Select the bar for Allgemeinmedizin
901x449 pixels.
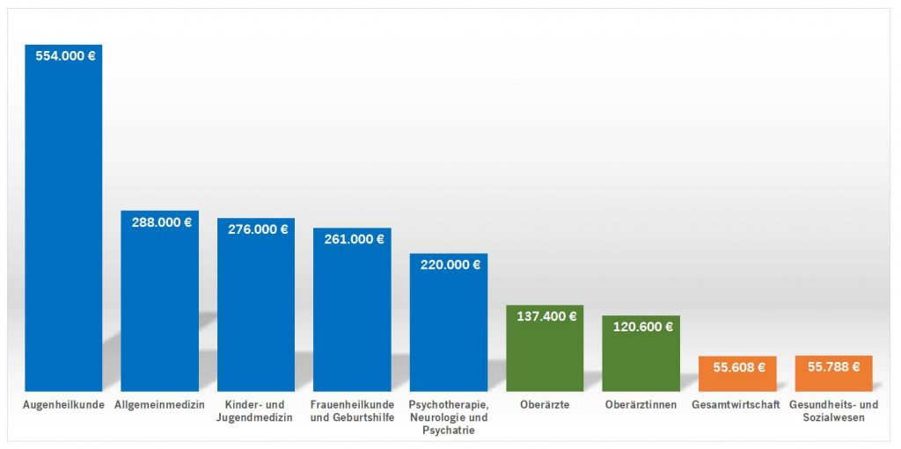pos(159,308)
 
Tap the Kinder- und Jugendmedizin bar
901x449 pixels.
pos(256,312)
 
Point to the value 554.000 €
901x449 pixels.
pos(64,55)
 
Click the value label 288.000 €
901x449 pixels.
pos(160,222)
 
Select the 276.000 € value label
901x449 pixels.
pos(256,229)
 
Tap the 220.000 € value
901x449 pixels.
pos(449,264)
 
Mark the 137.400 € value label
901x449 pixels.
pos(545,316)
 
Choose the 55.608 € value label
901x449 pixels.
pos(737,367)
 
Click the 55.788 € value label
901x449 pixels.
pos(833,367)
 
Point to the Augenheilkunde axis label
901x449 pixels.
pos(64,405)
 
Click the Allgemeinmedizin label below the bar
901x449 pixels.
pos(160,405)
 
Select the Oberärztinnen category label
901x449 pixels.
pos(641,405)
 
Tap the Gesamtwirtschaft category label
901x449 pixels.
pos(737,405)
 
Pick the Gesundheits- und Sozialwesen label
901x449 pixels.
pos(833,411)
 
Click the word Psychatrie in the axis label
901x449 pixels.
pos(449,431)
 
